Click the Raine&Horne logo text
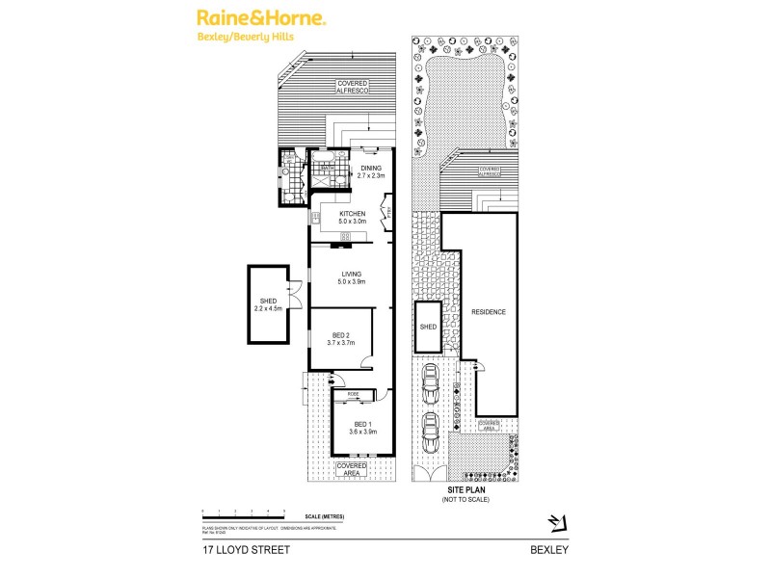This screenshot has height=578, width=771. [x=261, y=18]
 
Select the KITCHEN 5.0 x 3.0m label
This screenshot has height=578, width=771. [x=351, y=218]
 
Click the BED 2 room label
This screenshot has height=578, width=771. [x=341, y=338]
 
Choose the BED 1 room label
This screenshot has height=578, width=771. [x=362, y=429]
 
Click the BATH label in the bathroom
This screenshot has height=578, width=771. [x=327, y=167]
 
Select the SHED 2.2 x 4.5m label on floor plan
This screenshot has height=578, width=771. [x=267, y=304]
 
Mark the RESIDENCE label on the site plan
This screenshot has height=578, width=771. [x=488, y=313]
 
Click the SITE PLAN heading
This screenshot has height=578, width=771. [x=465, y=491]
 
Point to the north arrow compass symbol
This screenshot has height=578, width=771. [x=555, y=523]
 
